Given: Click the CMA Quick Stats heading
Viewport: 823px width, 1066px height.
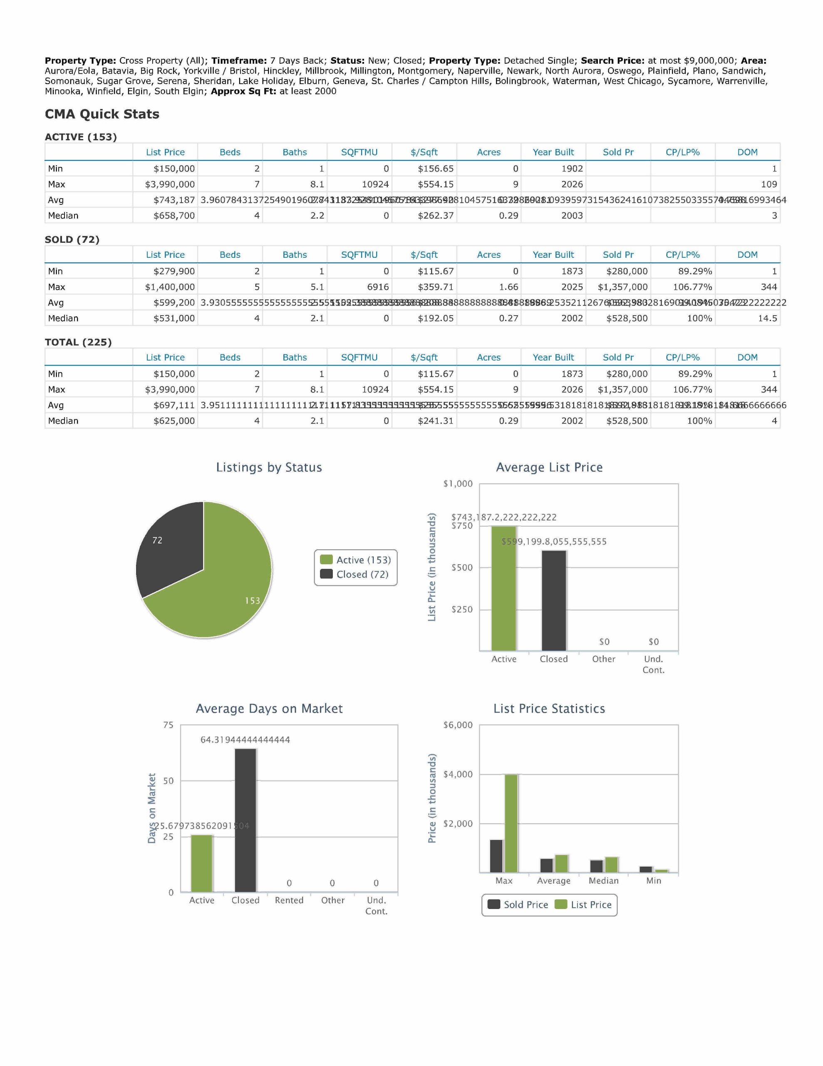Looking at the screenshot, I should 102,114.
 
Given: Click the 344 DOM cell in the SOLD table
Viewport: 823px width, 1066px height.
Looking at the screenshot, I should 768,287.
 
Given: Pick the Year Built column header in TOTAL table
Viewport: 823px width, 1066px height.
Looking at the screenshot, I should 553,357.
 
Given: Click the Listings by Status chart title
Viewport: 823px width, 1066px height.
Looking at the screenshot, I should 269,468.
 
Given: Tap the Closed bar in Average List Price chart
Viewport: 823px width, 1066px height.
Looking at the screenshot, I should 554,600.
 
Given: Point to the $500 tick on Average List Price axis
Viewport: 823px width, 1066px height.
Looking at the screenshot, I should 461,568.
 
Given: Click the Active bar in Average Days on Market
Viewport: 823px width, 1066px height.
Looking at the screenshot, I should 201,864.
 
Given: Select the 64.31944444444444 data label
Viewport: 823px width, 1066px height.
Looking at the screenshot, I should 245,740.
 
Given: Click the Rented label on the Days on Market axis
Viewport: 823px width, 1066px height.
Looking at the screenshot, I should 289,901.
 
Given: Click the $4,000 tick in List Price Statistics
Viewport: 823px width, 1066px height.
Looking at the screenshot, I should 458,775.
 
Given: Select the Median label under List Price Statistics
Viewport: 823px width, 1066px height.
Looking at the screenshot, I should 603,881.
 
